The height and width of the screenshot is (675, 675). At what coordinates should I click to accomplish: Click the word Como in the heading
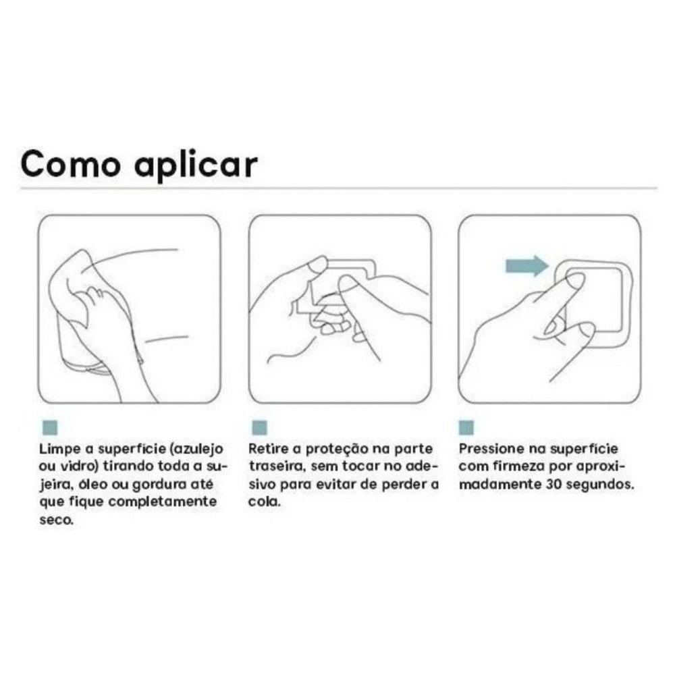[x=70, y=163]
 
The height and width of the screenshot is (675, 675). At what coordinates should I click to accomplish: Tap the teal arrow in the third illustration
[x=527, y=265]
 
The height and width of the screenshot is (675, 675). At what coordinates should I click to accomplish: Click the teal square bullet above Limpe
[x=50, y=427]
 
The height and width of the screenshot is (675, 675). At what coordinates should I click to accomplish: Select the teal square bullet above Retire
[x=260, y=427]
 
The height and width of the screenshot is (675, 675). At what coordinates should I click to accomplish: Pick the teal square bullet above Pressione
[x=466, y=427]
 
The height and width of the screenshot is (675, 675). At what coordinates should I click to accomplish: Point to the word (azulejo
[x=196, y=450]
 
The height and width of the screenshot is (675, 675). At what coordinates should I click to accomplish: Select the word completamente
[x=162, y=502]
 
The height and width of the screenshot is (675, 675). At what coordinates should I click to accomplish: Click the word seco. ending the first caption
[x=57, y=520]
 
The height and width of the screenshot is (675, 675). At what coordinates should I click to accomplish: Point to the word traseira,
[x=277, y=466]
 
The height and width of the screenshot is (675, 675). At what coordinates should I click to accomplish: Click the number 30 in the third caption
[x=553, y=485]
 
